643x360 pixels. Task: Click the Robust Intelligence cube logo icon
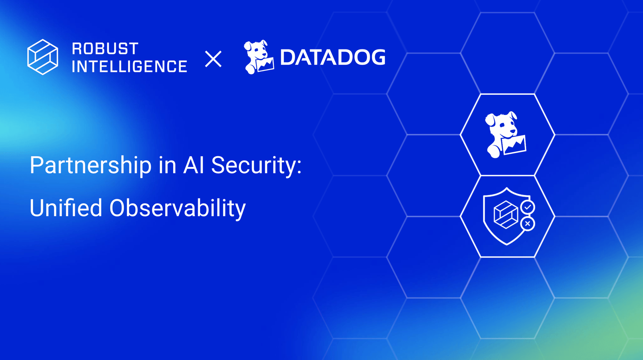pos(43,57)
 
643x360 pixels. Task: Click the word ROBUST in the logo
pos(105,49)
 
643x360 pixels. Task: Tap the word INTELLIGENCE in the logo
pos(129,67)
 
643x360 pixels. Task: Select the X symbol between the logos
pos(213,59)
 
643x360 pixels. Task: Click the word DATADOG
pos(332,57)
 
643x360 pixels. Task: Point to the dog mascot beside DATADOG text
pos(258,57)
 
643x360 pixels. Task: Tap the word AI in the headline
pos(194,166)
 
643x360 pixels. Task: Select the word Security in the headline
pos(254,166)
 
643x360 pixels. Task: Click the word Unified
pos(66,208)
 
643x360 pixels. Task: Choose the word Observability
pos(177,208)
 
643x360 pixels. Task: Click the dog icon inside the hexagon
pos(505,135)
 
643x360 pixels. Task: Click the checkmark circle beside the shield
pos(528,207)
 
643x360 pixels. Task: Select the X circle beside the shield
pos(528,224)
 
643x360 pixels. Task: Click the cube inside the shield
pos(506,215)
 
